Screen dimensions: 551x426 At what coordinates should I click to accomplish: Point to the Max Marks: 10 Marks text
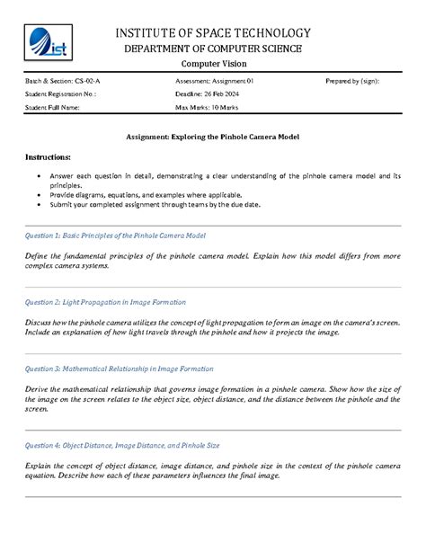click(x=208, y=107)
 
